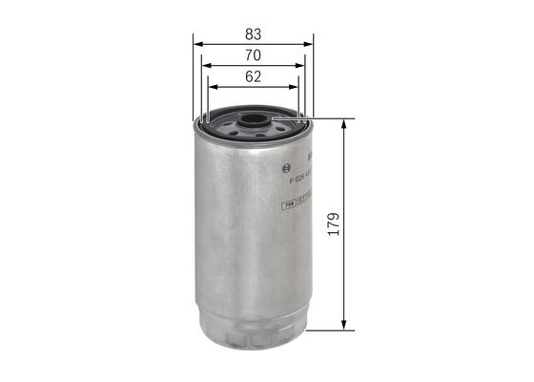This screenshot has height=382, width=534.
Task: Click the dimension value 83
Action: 253,33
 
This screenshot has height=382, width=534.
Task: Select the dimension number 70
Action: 253,56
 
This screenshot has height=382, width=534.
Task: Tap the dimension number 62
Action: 253,79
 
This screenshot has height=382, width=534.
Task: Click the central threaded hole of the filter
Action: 253,121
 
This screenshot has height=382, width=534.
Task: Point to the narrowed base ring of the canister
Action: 253,325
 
